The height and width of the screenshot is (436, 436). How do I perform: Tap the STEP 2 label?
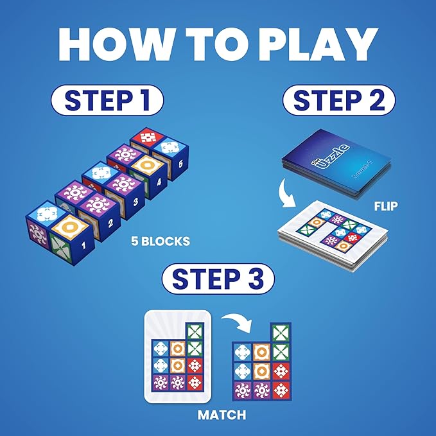338,102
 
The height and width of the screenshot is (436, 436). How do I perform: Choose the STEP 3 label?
218,281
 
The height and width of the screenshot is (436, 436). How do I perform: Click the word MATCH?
222,415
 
